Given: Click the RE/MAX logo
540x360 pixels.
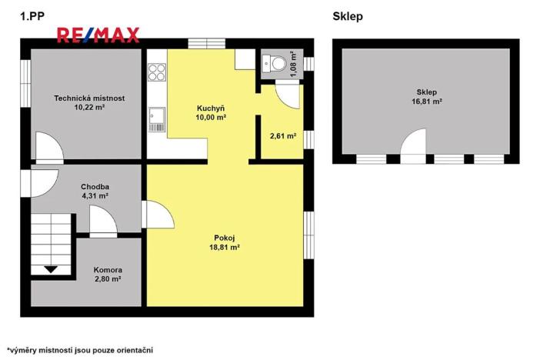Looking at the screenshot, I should (x=98, y=34).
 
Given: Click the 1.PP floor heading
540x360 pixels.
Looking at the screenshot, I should (x=30, y=15).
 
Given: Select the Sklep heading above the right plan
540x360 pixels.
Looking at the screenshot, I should (x=348, y=15).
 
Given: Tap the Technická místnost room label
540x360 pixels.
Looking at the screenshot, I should (x=89, y=98).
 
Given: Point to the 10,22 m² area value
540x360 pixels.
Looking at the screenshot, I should (x=89, y=108).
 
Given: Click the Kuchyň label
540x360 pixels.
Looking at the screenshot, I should (x=210, y=108).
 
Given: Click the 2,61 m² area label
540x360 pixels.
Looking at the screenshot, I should (x=283, y=136).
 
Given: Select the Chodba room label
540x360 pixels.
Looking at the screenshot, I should (x=95, y=186).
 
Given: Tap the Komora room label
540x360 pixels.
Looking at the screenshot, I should (x=107, y=270).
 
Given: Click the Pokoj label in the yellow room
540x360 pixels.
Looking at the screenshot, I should (x=225, y=238).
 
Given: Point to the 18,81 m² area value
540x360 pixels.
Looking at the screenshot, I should (x=225, y=248).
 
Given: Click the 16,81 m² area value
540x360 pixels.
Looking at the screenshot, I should (x=425, y=101).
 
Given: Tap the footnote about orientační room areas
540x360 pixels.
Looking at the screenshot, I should (x=80, y=349).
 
